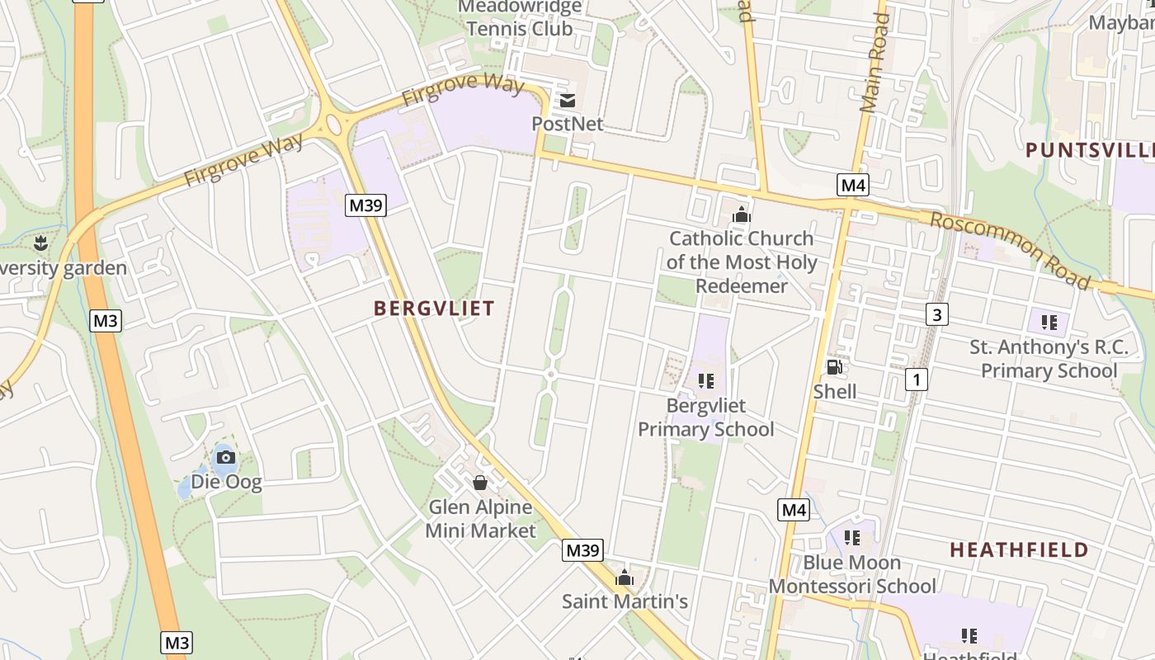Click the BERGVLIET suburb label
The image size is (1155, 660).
(434, 309)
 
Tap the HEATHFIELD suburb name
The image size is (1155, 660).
(1019, 550)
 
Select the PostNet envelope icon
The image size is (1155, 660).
(568, 101)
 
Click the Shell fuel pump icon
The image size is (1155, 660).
(835, 367)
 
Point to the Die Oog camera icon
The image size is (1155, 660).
(225, 457)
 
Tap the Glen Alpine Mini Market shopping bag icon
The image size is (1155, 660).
(480, 483)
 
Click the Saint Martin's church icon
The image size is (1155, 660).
(625, 577)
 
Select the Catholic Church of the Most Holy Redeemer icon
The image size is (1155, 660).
(742, 215)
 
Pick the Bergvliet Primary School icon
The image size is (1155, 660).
(705, 380)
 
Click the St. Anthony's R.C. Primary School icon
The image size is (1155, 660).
(1049, 323)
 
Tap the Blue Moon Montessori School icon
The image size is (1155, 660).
(852, 538)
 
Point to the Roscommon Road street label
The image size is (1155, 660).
(1011, 249)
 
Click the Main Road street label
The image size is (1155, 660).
(874, 63)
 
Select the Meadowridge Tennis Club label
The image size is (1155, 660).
(519, 17)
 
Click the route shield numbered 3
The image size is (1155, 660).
(936, 314)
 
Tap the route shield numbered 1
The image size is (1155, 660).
(916, 379)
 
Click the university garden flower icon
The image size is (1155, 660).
(40, 243)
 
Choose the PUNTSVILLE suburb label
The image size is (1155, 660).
(1089, 151)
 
